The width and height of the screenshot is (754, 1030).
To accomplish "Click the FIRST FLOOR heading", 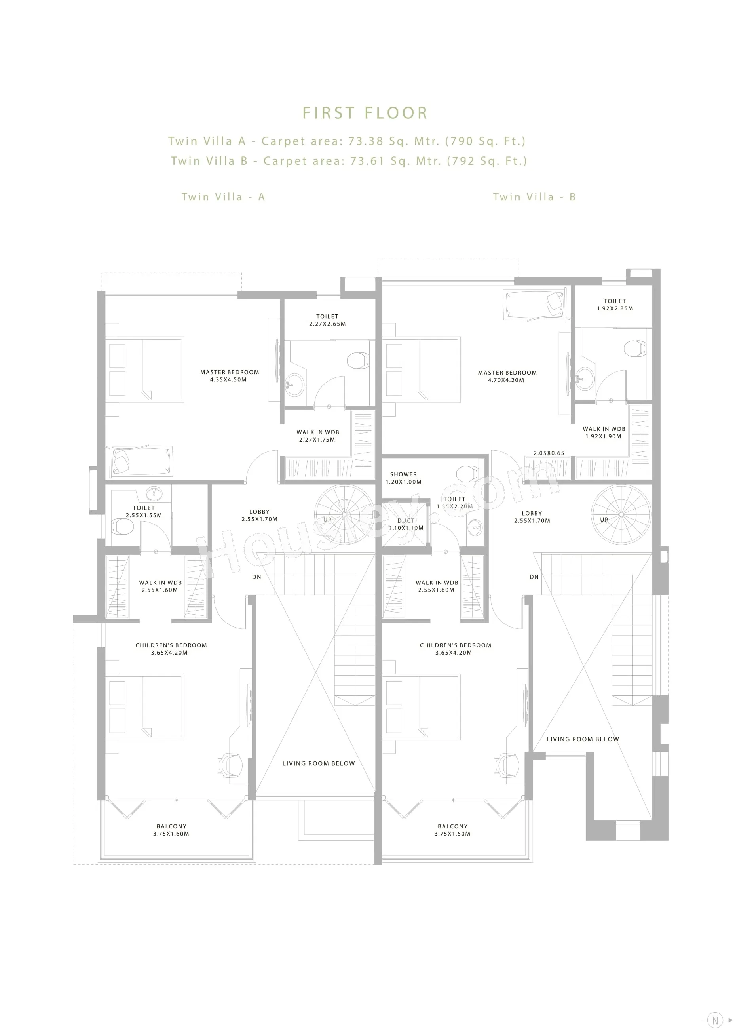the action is [365, 113].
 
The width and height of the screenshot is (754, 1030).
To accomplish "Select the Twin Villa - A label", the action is [223, 197].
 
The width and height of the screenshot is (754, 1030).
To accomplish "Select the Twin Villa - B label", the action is [534, 197].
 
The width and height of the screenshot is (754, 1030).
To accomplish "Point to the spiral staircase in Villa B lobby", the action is [621, 514].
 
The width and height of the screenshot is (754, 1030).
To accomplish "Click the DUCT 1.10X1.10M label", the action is [406, 524].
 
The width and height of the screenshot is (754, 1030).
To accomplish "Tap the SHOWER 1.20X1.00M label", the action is [403, 478].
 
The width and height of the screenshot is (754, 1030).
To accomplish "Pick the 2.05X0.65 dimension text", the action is [549, 453].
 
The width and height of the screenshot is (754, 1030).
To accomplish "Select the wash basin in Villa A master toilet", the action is [294, 385].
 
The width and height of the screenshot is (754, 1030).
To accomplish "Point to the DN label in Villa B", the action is [534, 577].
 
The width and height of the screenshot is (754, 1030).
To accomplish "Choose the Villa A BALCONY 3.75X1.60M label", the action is [171, 830].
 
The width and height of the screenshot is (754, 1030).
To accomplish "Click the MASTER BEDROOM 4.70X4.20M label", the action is [507, 376].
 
